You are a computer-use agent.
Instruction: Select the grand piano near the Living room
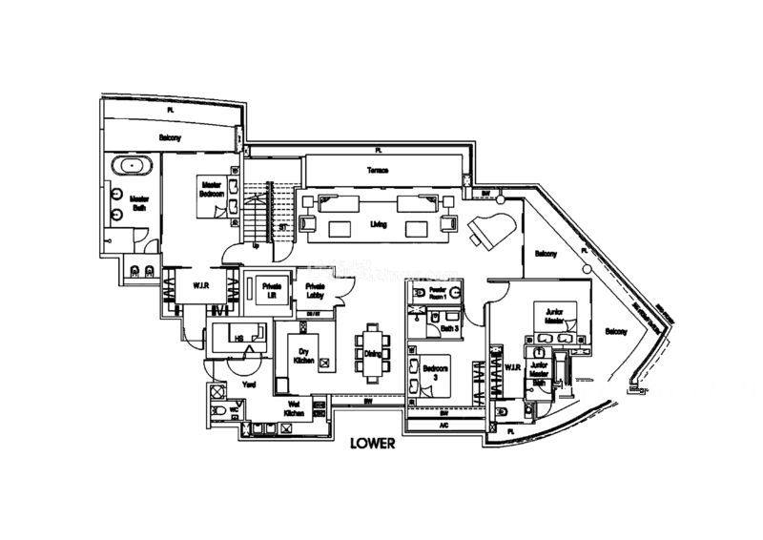pyautogui.click(x=491, y=229)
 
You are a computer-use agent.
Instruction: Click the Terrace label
pyautogui.click(x=378, y=171)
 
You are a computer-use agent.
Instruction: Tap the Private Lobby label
pyautogui.click(x=316, y=292)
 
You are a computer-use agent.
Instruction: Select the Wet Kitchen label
pyautogui.click(x=296, y=406)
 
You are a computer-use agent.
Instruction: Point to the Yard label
pyautogui.click(x=250, y=384)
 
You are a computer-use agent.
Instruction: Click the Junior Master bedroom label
pyautogui.click(x=555, y=316)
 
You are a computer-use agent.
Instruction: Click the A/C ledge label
pyautogui.click(x=443, y=426)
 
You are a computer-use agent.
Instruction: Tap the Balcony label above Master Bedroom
pyautogui.click(x=171, y=138)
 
